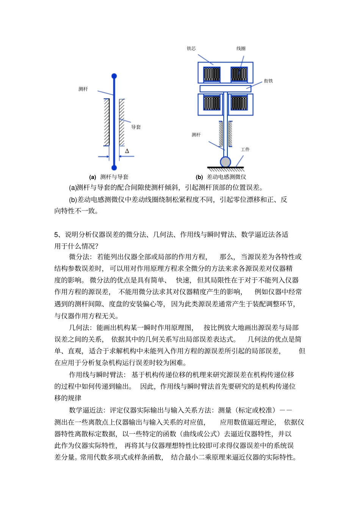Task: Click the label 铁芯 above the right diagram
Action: (191, 49)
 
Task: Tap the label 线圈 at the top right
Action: (241, 49)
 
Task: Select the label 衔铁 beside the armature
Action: (268, 81)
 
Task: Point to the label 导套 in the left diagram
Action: (136, 127)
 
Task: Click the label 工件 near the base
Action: (245, 149)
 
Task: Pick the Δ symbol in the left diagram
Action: (127, 151)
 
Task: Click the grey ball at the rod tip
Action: (225, 162)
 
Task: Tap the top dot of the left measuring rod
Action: (114, 76)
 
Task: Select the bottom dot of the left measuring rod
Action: (114, 168)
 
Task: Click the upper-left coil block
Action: (211, 74)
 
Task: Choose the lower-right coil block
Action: (239, 103)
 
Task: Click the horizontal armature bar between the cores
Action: (225, 88)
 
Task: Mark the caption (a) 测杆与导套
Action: (109, 177)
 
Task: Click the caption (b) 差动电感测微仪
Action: (221, 177)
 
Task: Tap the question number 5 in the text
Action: (56, 235)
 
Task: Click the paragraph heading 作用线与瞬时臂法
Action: (96, 375)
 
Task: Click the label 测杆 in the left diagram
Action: (83, 89)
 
